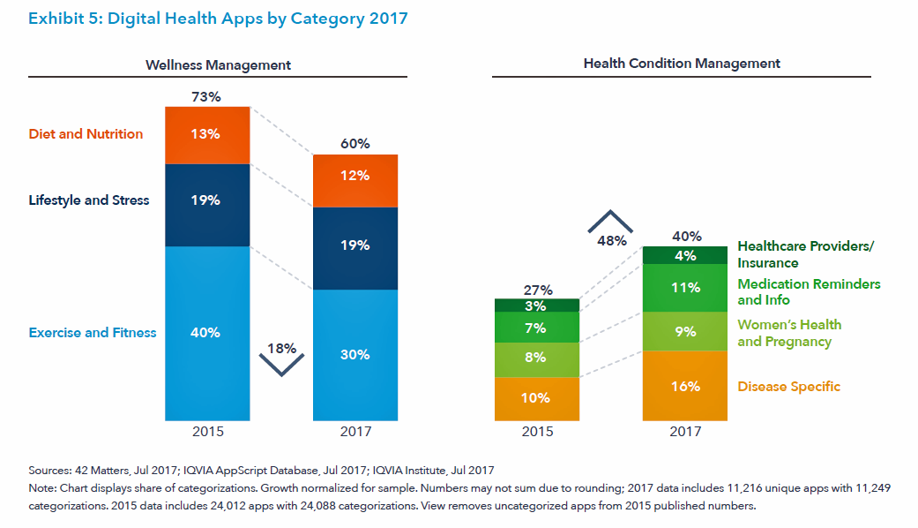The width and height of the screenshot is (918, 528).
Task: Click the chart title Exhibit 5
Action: tap(218, 19)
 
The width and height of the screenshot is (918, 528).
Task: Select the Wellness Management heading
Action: tap(218, 64)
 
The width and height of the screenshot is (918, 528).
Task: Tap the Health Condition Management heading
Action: tap(681, 64)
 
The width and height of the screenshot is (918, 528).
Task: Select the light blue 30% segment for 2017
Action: tap(355, 355)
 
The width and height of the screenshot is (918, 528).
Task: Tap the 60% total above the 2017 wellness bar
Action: tap(355, 144)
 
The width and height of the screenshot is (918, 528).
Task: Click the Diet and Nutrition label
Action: tap(86, 134)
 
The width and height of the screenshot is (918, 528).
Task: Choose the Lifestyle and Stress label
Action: tap(89, 200)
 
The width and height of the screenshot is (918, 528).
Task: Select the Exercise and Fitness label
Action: tap(93, 333)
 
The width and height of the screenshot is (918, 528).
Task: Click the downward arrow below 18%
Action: tap(282, 365)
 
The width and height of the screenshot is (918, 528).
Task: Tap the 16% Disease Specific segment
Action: tap(684, 386)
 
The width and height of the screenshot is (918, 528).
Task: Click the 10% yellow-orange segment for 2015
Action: tap(537, 398)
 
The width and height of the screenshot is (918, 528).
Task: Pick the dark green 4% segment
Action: tap(684, 256)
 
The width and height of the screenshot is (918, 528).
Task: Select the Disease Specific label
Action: tap(788, 387)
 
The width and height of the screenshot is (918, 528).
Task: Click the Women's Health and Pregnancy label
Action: tap(789, 333)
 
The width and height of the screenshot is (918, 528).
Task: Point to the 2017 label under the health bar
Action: tap(684, 432)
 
